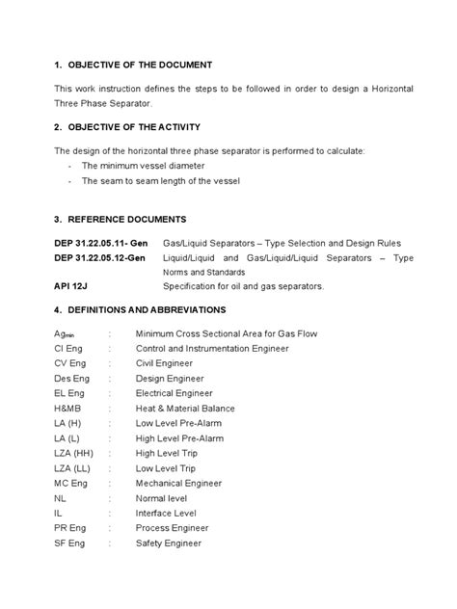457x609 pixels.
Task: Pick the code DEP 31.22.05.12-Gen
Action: [x=100, y=257]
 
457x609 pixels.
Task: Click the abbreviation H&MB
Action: [x=69, y=409]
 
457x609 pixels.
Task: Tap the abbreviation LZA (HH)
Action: [x=75, y=453]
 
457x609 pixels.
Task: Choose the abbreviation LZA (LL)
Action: [x=73, y=468]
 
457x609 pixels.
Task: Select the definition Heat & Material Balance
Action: [x=185, y=409]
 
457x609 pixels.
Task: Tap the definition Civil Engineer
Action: [x=165, y=363]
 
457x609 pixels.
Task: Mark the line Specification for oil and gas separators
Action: [x=244, y=286]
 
